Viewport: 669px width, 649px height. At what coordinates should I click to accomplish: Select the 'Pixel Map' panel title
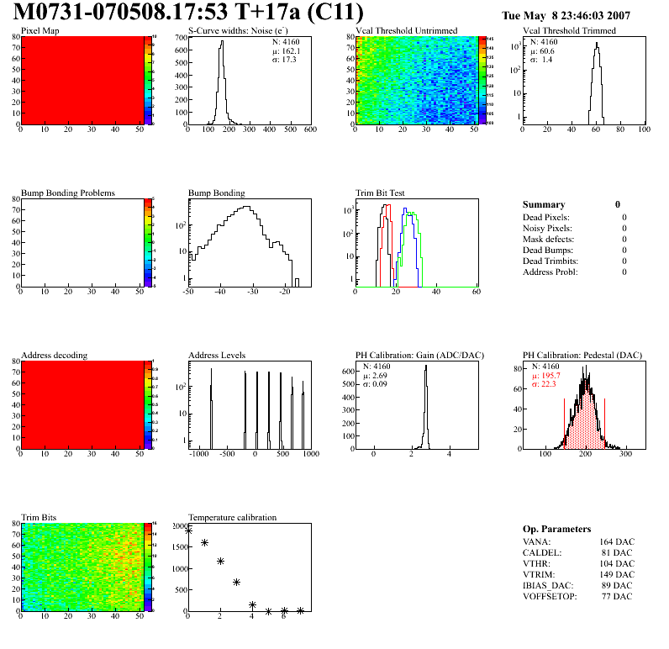40,31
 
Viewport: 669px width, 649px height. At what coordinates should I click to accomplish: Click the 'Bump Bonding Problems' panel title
68,193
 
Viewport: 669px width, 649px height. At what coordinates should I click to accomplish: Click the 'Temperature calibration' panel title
233,518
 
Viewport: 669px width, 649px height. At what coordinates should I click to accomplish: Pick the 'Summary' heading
544,204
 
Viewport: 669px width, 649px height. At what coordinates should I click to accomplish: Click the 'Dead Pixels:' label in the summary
546,217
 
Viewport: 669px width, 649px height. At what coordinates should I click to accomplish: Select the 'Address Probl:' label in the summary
550,272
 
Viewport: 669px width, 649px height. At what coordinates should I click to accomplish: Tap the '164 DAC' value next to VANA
617,541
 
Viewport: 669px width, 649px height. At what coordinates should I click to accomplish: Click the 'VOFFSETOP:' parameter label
550,596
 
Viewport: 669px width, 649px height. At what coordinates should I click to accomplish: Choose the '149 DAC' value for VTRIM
617,574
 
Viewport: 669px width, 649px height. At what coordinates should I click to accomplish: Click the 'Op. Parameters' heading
556,529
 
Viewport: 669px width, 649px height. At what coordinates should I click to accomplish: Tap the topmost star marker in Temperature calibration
189,530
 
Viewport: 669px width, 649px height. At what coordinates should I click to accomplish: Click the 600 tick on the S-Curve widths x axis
309,130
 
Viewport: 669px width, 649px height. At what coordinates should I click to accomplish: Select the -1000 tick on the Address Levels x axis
199,454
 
